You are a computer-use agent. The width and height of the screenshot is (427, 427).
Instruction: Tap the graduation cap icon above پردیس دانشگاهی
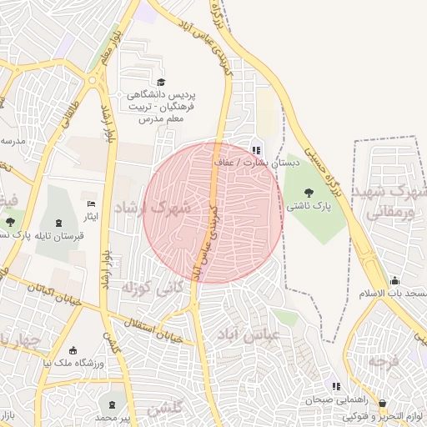161,82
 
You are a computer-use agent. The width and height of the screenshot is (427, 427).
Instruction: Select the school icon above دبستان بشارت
255,151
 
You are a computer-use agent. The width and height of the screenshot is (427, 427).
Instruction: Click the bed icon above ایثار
92,204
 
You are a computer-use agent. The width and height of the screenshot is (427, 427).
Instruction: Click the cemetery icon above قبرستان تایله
58,222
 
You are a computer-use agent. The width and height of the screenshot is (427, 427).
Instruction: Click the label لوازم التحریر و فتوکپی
384,415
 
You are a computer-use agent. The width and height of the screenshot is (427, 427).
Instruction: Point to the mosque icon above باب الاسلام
394,281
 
